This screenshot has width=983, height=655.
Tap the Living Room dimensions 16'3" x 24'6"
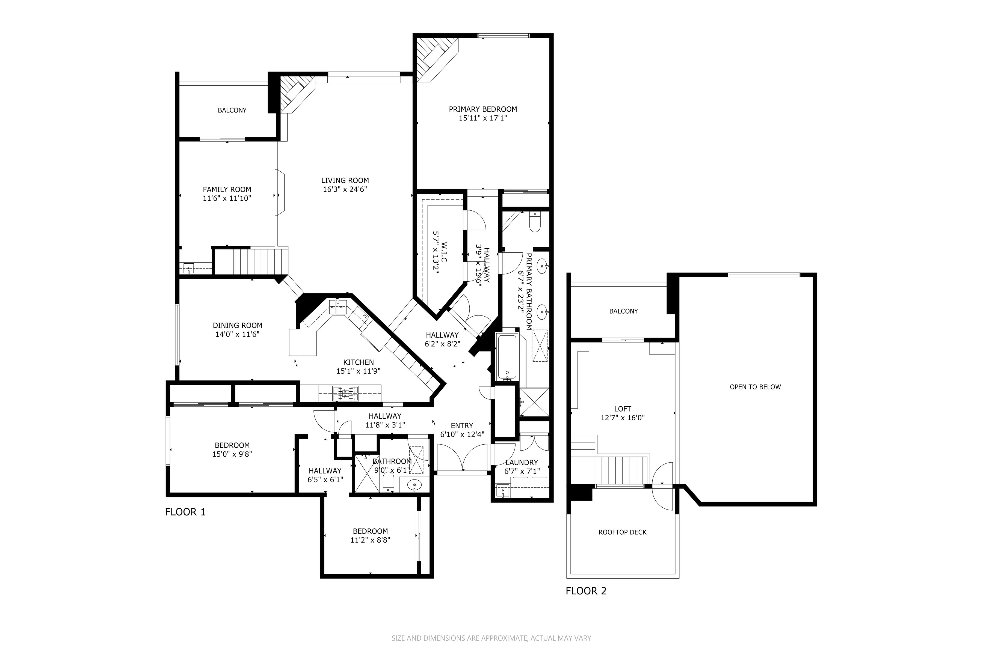pos(345,189)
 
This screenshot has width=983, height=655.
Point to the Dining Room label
pos(237,325)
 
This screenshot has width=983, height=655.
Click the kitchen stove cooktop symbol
pos(346,393)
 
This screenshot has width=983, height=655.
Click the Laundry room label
pos(522,462)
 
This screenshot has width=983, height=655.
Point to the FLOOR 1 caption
pos(185,512)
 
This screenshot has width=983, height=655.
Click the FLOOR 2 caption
pos(586,591)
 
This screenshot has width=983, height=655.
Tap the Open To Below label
pos(755,387)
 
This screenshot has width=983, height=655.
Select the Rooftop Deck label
pos(622,532)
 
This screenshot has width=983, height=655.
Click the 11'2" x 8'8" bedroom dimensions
pos(370,540)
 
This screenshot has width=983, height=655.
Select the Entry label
pos(462,426)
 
